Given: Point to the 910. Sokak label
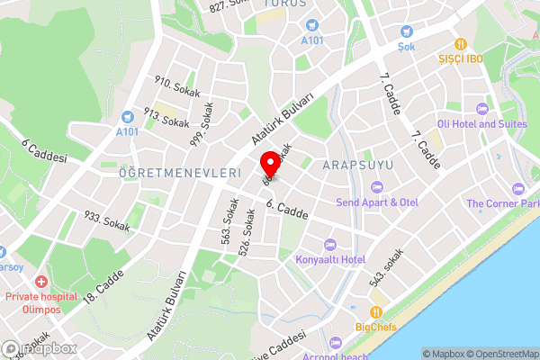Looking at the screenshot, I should [x=176, y=87].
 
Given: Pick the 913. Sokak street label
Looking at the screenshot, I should [x=166, y=118].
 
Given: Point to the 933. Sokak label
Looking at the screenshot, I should [x=105, y=220].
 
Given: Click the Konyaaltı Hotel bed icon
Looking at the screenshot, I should [x=329, y=245].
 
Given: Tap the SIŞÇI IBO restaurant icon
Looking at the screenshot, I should [x=461, y=43].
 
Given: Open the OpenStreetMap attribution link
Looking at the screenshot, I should [x=501, y=354].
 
